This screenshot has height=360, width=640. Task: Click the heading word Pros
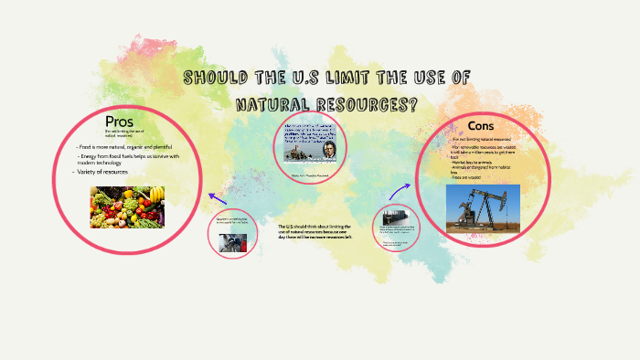pos(119,122)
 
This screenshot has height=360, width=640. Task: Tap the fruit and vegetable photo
pos(127,206)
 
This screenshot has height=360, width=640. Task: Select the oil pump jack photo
pos(482,207)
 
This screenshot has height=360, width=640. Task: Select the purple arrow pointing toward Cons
pos(400,188)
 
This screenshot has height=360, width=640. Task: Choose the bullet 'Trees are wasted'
pos(469,177)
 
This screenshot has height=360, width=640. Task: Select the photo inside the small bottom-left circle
pos(231,240)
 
